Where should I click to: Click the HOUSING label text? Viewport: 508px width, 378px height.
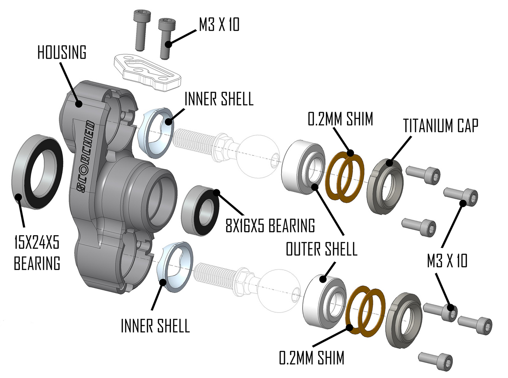(62, 52)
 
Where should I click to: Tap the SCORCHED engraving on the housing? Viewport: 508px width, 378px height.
(85, 157)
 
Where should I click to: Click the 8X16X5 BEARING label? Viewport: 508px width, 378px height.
(270, 225)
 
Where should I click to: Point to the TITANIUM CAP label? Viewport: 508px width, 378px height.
(441, 126)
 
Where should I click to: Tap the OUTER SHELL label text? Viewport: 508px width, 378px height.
(321, 249)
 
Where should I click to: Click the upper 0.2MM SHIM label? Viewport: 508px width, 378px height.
(340, 119)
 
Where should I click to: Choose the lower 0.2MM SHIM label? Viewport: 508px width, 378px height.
(311, 358)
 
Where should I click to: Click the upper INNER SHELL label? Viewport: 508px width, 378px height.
(219, 99)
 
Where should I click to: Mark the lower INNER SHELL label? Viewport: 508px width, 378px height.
(155, 326)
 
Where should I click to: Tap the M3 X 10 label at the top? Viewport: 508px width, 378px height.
(219, 25)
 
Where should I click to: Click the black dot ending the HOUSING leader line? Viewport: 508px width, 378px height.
(78, 103)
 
